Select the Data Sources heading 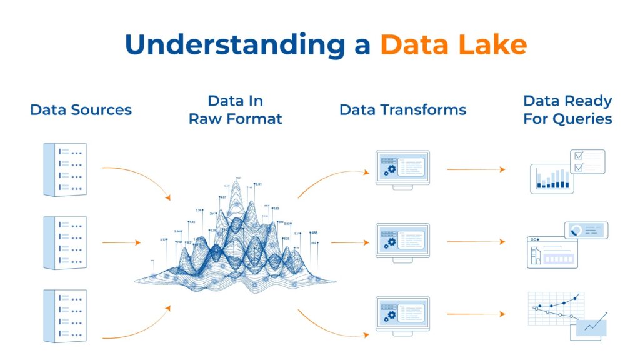[x=81, y=110]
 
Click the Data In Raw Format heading [x=235, y=109]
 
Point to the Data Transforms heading [x=402, y=110]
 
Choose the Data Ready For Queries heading [x=567, y=109]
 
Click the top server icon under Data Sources [x=65, y=169]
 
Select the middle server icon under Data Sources [x=65, y=242]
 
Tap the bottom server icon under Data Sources [x=65, y=316]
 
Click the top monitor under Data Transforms [x=402, y=167]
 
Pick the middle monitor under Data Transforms [x=402, y=241]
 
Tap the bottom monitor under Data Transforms [x=402, y=314]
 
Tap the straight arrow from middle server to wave [x=121, y=242]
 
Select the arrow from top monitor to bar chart [x=475, y=169]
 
